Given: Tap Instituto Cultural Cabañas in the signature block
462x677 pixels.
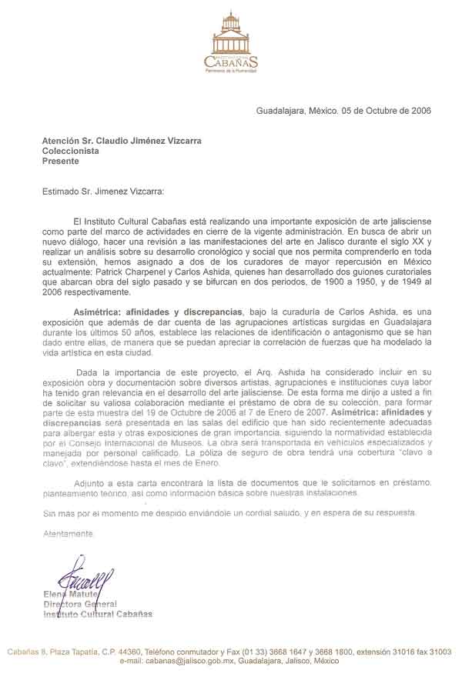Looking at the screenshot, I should [x=97, y=614].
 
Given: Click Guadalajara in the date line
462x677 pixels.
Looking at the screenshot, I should [x=281, y=110].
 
